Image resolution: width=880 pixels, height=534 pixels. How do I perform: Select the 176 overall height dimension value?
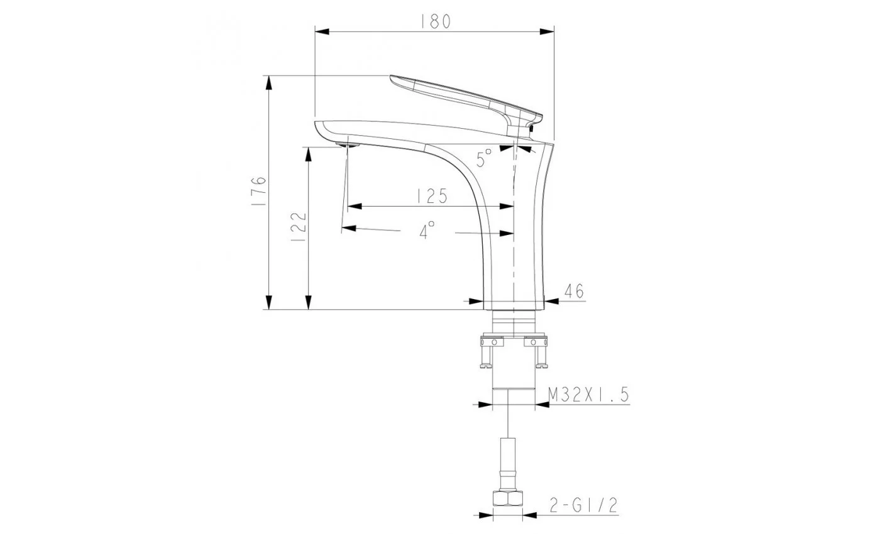(258, 191)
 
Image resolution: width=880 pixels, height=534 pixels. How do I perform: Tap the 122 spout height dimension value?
(298, 227)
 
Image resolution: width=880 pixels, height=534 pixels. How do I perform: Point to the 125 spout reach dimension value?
(432, 196)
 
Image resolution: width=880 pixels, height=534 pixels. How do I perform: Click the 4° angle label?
(427, 229)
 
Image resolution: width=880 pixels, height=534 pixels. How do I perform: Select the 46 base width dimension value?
(574, 291)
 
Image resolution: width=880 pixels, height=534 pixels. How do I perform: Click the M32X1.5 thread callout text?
(588, 395)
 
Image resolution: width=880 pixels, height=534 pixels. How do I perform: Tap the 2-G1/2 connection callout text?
(583, 505)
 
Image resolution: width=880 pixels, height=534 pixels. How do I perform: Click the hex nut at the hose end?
(508, 498)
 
